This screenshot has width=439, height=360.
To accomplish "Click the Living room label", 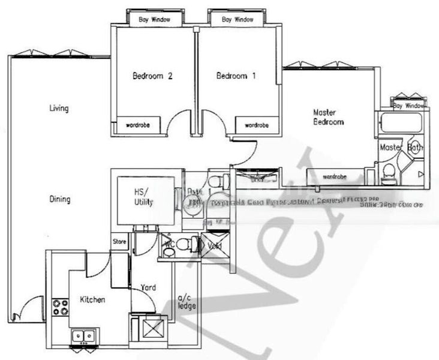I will (59, 109).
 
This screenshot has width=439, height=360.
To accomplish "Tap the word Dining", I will (59, 199).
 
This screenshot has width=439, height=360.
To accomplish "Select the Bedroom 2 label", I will (152, 76).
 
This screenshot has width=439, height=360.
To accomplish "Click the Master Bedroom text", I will (328, 117).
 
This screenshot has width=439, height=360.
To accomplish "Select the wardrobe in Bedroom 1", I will (256, 125).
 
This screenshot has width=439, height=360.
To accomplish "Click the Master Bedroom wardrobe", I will (333, 177).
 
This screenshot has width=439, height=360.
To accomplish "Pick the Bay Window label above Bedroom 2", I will (154, 20).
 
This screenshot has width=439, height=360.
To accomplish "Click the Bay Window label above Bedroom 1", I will (237, 20).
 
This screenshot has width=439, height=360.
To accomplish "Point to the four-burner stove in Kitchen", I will (60, 307).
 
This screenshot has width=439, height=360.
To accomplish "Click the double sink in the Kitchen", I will (83, 336).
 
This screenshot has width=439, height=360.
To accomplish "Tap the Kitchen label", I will (93, 299).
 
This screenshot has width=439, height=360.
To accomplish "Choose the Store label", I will (119, 242).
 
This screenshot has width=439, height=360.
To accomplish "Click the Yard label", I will (148, 288).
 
